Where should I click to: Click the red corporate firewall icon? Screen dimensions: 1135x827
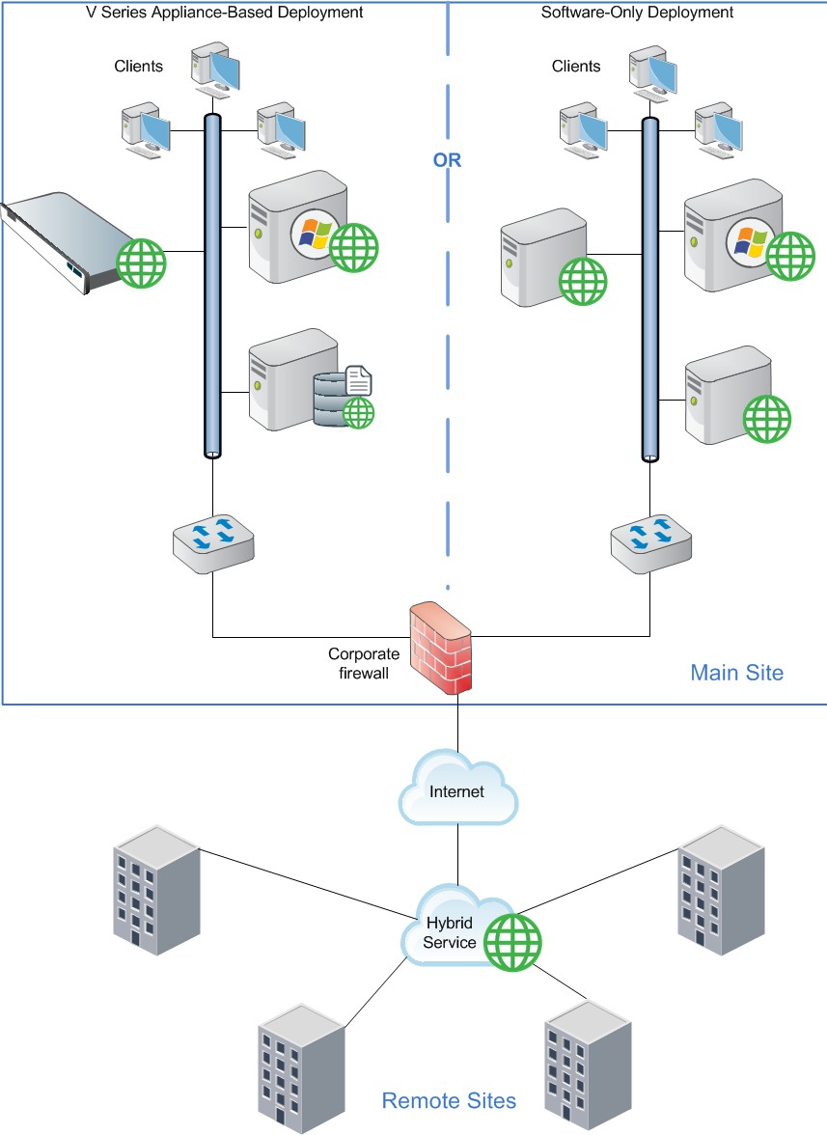[x=441, y=648]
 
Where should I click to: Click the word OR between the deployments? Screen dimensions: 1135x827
[x=447, y=161]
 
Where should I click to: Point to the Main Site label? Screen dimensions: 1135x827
[x=736, y=673]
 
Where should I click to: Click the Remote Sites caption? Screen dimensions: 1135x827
[x=449, y=1100]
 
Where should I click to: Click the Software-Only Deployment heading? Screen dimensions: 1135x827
[x=637, y=13]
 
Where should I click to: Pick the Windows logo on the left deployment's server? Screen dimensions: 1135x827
[x=310, y=232]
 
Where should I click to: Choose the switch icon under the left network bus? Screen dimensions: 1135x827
[x=214, y=542]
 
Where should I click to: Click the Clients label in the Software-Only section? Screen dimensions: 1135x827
[x=576, y=66]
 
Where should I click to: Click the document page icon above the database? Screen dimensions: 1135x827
[x=358, y=379]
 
